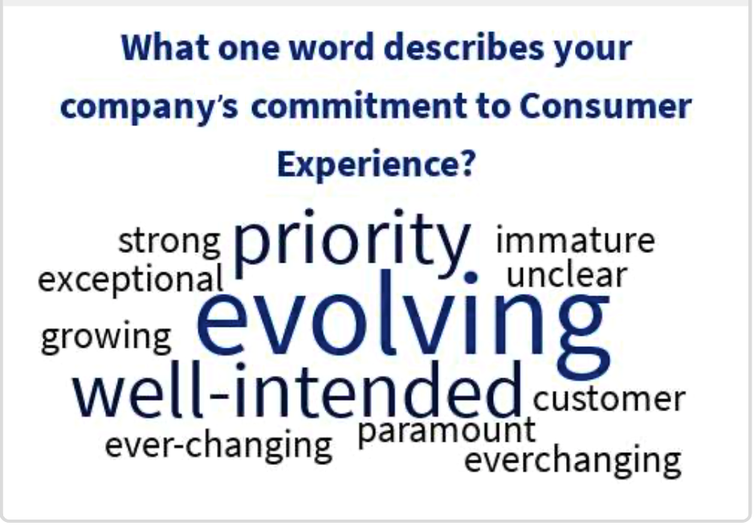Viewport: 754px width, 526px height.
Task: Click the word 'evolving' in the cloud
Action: pyautogui.click(x=403, y=323)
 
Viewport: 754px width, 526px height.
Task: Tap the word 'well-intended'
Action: pyautogui.click(x=297, y=390)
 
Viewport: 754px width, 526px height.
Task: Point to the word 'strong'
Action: pyautogui.click(x=169, y=241)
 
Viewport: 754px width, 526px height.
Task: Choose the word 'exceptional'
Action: pyautogui.click(x=130, y=279)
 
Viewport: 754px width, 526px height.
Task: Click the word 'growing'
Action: pyautogui.click(x=106, y=337)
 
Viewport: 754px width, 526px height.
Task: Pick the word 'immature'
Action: pyautogui.click(x=575, y=239)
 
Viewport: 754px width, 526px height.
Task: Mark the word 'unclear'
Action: pyautogui.click(x=567, y=275)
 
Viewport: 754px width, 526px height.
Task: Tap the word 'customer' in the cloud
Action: pyautogui.click(x=609, y=399)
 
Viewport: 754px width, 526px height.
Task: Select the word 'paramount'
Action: pyautogui.click(x=446, y=432)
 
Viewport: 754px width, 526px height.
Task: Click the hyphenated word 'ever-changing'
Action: pyautogui.click(x=218, y=445)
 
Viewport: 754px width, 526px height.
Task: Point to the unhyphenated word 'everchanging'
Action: pyautogui.click(x=573, y=460)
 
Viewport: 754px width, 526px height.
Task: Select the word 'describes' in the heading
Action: pyautogui.click(x=464, y=47)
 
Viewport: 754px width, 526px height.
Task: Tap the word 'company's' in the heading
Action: pyautogui.click(x=149, y=108)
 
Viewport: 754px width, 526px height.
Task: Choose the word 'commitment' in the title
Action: pyautogui.click(x=359, y=106)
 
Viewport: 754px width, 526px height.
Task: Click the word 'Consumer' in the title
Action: pyautogui.click(x=606, y=106)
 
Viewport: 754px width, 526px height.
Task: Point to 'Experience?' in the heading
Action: pyautogui.click(x=377, y=165)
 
